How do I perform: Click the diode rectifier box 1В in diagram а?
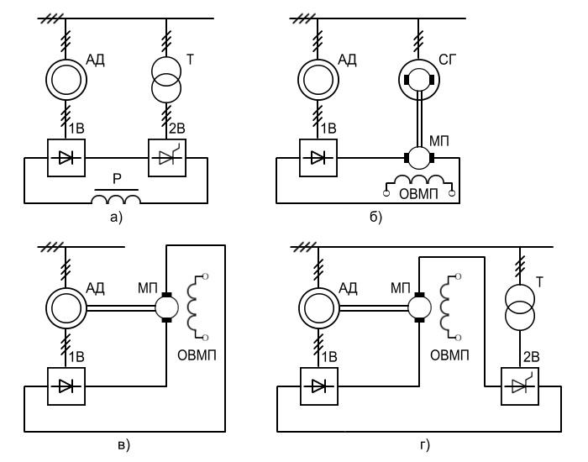(66, 156)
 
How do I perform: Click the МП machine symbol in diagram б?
(417, 156)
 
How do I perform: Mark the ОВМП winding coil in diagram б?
(417, 183)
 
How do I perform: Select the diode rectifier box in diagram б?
(318, 156)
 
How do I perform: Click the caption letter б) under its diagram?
(375, 219)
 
